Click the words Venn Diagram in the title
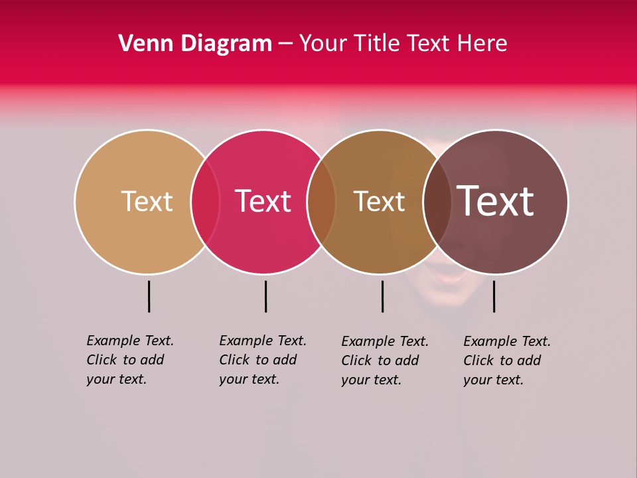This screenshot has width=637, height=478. point(195,44)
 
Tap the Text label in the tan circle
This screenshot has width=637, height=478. point(147,201)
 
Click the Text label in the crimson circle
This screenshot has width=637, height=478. point(263,201)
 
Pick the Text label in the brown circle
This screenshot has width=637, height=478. point(379,201)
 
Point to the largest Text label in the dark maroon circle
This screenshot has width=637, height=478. point(495,201)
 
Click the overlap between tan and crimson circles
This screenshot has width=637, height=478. point(205,202)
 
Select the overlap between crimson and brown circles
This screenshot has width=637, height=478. point(321,202)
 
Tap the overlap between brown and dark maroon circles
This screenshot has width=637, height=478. point(436,202)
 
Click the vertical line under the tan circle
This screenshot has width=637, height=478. point(149,296)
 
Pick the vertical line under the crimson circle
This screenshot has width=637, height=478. point(265,296)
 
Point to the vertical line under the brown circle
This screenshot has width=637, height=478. point(382,296)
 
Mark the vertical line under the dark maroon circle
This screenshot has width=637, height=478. point(494,296)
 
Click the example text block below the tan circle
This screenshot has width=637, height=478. point(130,360)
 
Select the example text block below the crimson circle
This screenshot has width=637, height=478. point(263,360)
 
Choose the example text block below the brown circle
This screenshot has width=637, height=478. point(385,360)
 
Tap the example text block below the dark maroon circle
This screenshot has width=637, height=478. point(507,360)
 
